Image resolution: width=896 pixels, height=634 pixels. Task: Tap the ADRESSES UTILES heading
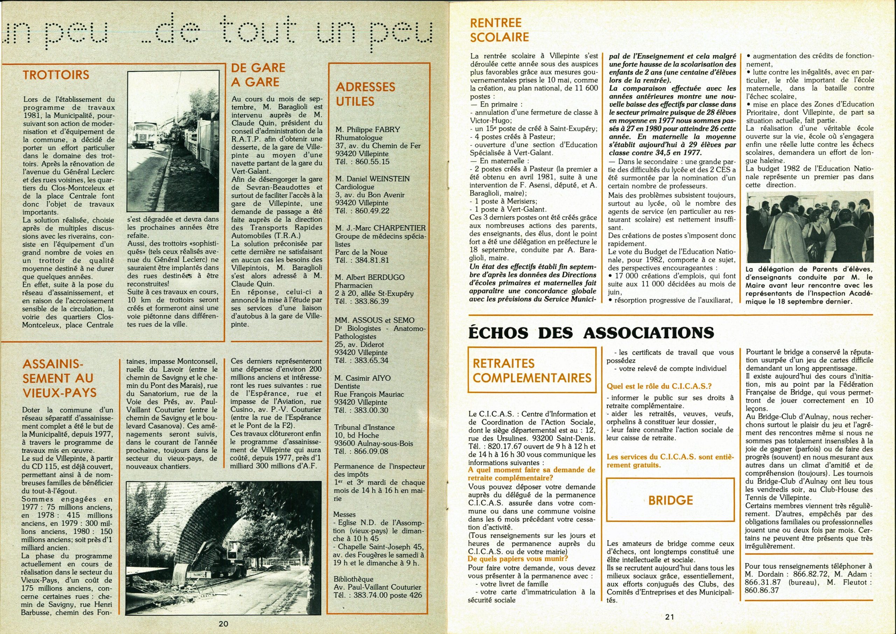(x=366, y=94)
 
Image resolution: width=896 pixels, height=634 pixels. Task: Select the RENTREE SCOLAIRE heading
(x=499, y=30)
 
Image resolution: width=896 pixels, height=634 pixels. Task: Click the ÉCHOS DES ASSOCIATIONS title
(x=591, y=333)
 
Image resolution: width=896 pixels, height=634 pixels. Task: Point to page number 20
(x=223, y=624)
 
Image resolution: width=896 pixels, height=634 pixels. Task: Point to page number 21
(x=670, y=618)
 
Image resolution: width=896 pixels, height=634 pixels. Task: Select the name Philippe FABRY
(x=367, y=129)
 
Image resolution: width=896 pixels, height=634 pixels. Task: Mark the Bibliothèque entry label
(x=353, y=579)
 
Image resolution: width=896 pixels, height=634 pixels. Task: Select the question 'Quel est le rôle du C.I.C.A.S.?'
(x=659, y=386)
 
